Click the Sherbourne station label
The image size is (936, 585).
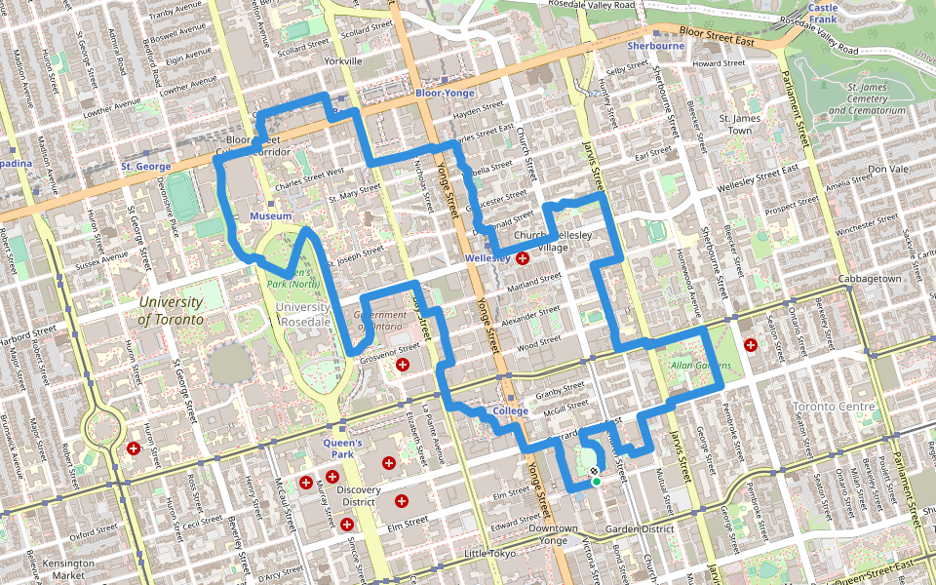click(655, 46)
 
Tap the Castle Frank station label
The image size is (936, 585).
click(823, 13)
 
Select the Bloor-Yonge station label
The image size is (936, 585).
click(445, 93)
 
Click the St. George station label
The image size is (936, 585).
click(146, 167)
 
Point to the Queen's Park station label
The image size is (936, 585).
click(342, 448)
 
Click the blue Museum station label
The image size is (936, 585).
click(270, 215)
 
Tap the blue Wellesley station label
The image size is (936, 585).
click(487, 257)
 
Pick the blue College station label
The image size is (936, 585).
click(510, 411)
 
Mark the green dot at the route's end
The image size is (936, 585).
click(596, 481)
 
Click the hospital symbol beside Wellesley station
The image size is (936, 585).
click(523, 258)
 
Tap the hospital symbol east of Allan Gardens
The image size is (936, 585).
click(750, 344)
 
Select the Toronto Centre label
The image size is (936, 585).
click(834, 406)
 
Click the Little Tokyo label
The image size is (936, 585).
click(488, 554)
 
